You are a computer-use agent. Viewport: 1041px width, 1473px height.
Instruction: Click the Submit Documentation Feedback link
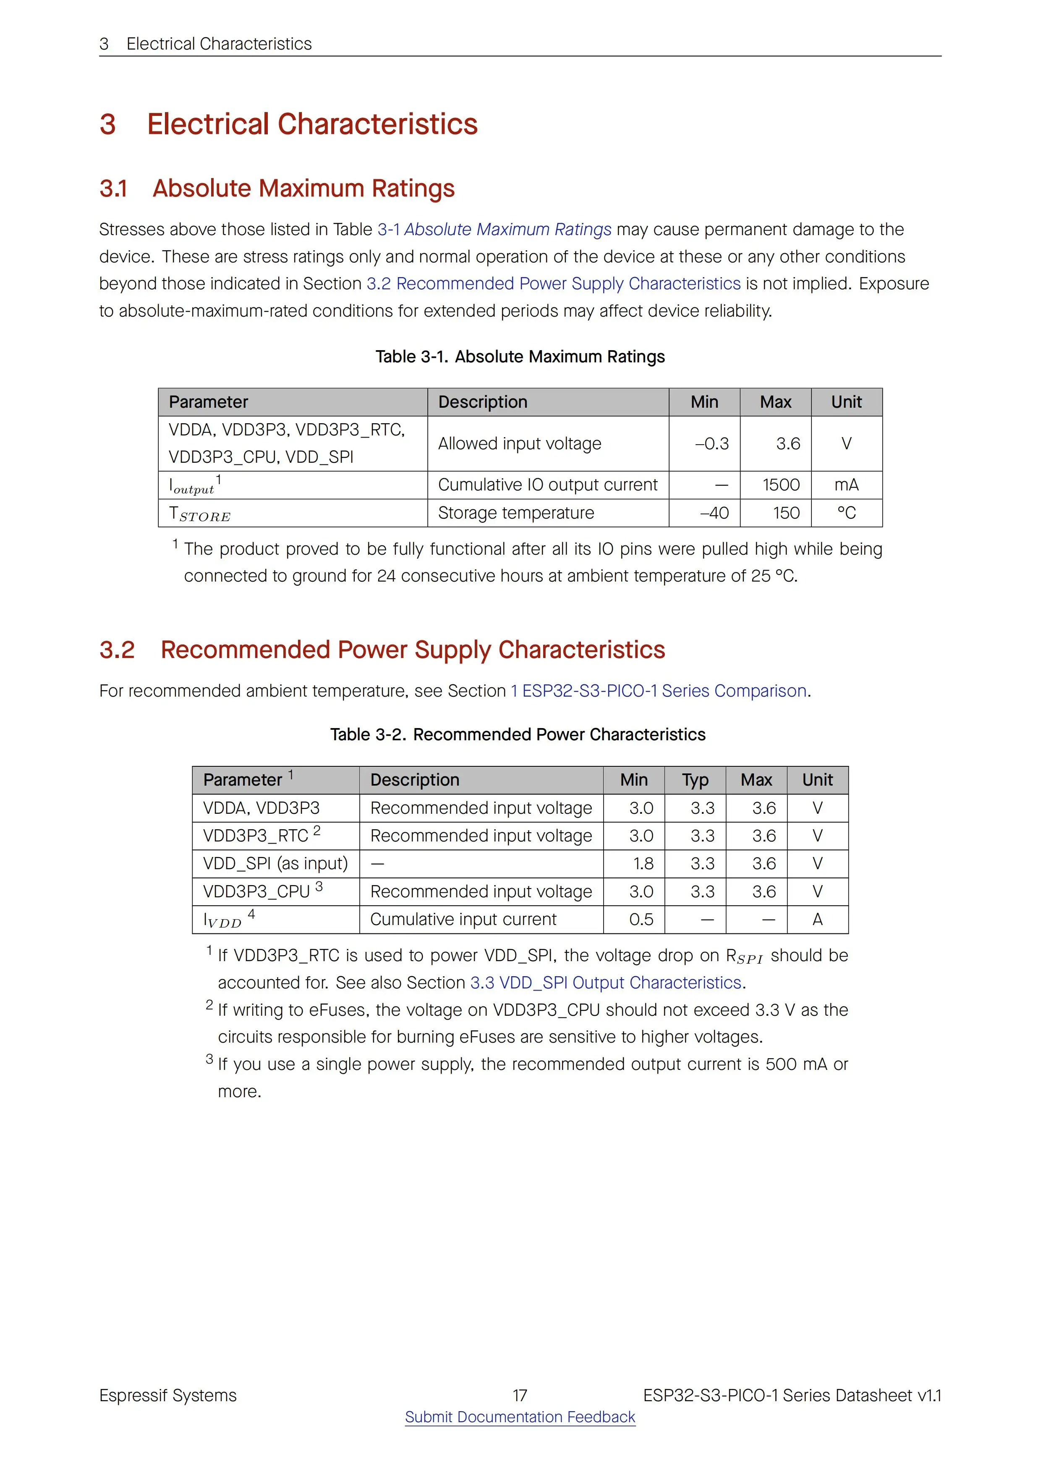click(x=520, y=1417)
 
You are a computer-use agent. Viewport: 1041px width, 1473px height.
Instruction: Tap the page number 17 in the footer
click(x=520, y=1395)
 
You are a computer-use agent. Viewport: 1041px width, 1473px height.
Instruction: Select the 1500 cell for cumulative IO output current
click(x=781, y=485)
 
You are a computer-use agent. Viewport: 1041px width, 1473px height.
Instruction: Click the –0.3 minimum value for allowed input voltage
click(x=712, y=444)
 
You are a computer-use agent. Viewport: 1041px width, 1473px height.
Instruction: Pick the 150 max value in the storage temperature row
click(x=786, y=513)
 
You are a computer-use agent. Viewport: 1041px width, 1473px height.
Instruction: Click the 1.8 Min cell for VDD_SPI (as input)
click(x=643, y=864)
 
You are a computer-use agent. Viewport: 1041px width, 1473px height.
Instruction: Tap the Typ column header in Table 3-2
click(x=695, y=780)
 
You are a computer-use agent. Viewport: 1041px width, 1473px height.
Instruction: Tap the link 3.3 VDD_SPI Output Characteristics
click(x=605, y=983)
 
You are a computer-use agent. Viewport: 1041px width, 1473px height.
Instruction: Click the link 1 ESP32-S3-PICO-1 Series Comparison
click(x=658, y=691)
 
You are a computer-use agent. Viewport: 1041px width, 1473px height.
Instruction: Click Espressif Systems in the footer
click(x=168, y=1395)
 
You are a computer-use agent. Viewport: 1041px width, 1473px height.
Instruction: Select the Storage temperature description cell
click(x=516, y=513)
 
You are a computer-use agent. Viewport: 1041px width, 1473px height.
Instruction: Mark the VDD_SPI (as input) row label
click(x=275, y=864)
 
